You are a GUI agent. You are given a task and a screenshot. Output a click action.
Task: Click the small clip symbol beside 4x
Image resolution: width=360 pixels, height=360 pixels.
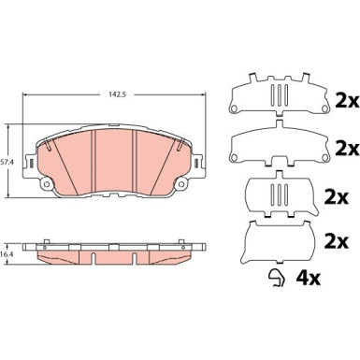(x=277, y=277)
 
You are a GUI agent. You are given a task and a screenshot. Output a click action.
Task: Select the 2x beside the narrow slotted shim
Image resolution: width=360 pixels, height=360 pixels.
(x=335, y=196)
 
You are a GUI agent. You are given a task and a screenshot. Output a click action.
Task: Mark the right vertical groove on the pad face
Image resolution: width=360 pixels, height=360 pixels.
(x=137, y=159)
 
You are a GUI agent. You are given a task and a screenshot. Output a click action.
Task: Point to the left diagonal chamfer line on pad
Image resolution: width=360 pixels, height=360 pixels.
(x=55, y=159)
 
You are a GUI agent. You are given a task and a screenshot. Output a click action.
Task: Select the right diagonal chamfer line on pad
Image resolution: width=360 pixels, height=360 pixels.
(x=180, y=159)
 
